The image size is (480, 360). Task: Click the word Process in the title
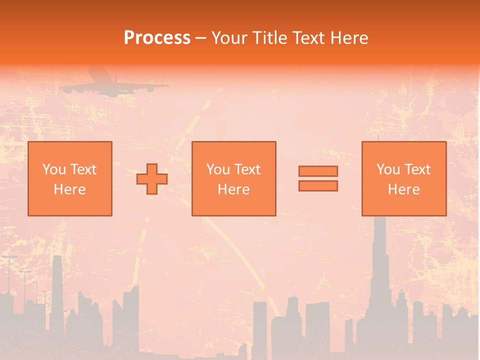pos(157,38)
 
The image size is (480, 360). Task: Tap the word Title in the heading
pos(270,38)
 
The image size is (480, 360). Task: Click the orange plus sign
pos(152,179)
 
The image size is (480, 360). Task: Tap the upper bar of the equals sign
pos(318,171)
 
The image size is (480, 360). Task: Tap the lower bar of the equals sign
pos(318,186)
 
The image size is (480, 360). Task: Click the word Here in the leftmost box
pos(69,189)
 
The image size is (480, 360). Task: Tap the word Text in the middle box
pos(247,169)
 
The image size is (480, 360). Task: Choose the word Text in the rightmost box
pos(417,169)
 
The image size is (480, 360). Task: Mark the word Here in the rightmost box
pos(403,189)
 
